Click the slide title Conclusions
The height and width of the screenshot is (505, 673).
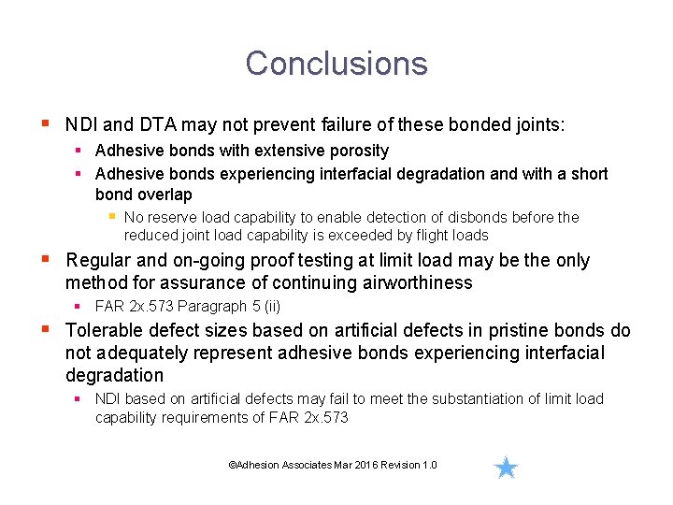336,64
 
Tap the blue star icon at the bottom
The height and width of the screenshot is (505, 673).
506,468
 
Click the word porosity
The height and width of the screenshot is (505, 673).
357,151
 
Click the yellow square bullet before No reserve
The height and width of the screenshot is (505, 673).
112,216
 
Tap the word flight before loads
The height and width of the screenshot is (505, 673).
433,235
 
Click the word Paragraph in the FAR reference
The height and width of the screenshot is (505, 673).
209,306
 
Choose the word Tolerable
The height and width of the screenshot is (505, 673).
102,331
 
